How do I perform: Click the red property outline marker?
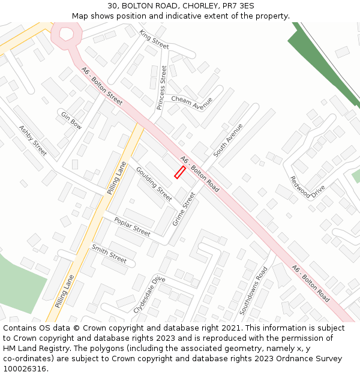click(x=179, y=172)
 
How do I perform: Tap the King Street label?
click(x=154, y=39)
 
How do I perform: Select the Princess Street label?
click(x=162, y=88)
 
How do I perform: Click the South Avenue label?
click(x=228, y=140)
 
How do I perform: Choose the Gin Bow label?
click(x=71, y=119)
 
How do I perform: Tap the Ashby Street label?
click(x=32, y=140)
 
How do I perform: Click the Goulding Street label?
click(x=154, y=184)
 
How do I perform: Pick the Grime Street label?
click(x=184, y=209)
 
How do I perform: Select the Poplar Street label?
click(x=132, y=226)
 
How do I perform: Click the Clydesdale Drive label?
click(x=149, y=294)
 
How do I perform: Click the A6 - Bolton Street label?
click(x=102, y=86)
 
